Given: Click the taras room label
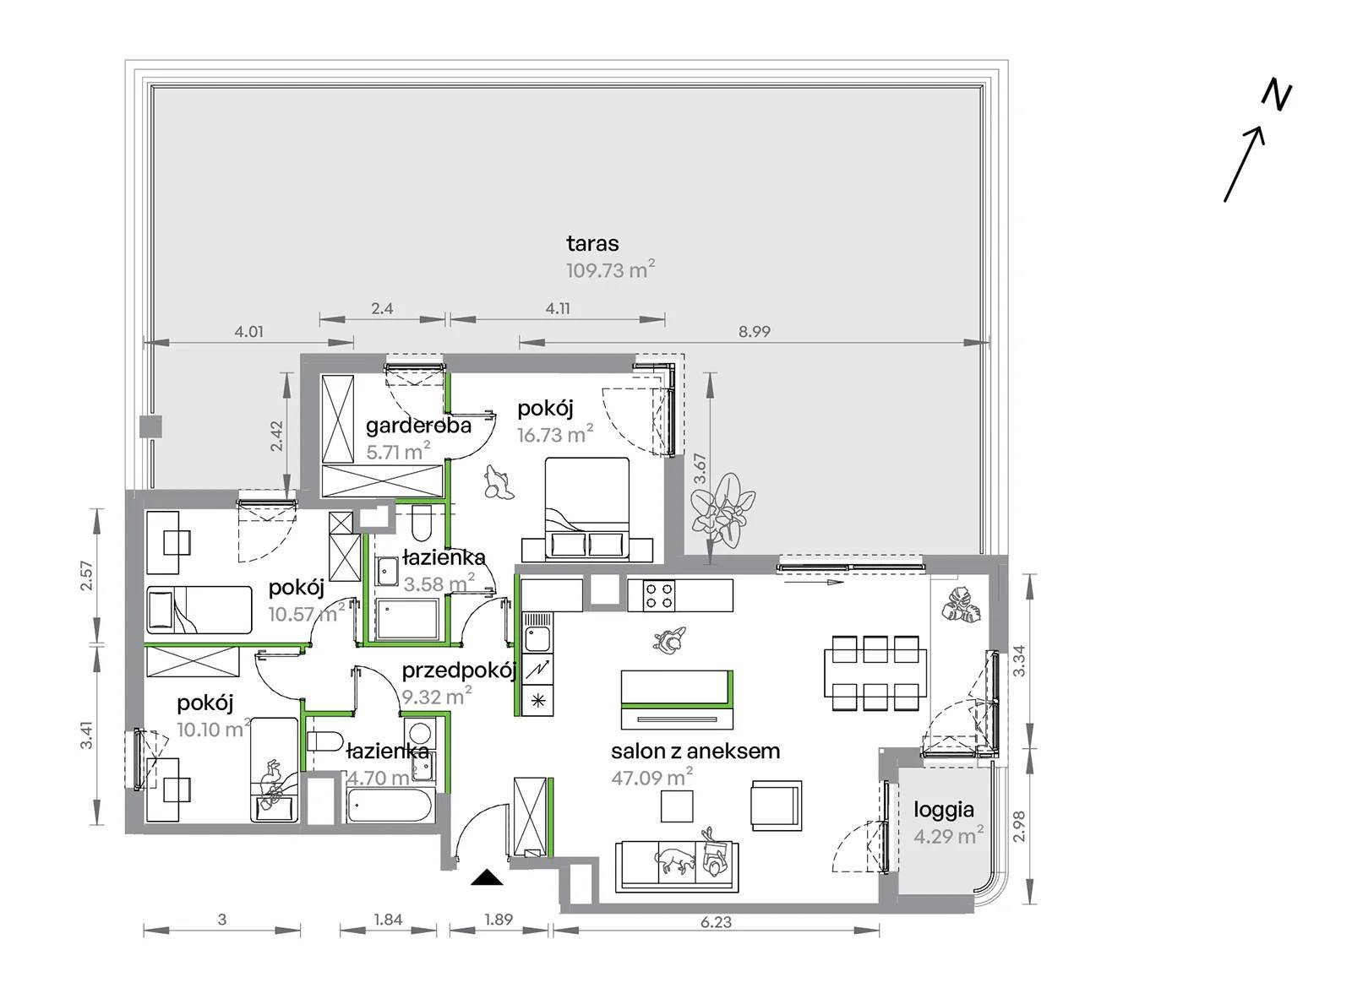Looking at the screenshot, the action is pyautogui.click(x=592, y=244).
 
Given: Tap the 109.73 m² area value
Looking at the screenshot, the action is pyautogui.click(x=611, y=269).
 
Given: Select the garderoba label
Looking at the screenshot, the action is pyautogui.click(x=418, y=426).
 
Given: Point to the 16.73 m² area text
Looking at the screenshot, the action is pyautogui.click(x=555, y=434).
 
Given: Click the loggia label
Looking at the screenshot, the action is pyautogui.click(x=944, y=810).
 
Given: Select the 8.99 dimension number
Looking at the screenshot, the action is pyautogui.click(x=754, y=331).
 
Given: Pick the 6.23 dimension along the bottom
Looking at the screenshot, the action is pyautogui.click(x=716, y=922).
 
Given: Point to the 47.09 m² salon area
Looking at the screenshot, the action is pyautogui.click(x=651, y=778).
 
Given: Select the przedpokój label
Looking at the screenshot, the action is pyautogui.click(x=460, y=670).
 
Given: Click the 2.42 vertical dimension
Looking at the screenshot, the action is pyautogui.click(x=277, y=437).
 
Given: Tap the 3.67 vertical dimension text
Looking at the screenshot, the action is pyautogui.click(x=701, y=468).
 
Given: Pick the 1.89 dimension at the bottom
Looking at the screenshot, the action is pyautogui.click(x=499, y=919).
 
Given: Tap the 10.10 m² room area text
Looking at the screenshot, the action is pyautogui.click(x=213, y=729).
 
